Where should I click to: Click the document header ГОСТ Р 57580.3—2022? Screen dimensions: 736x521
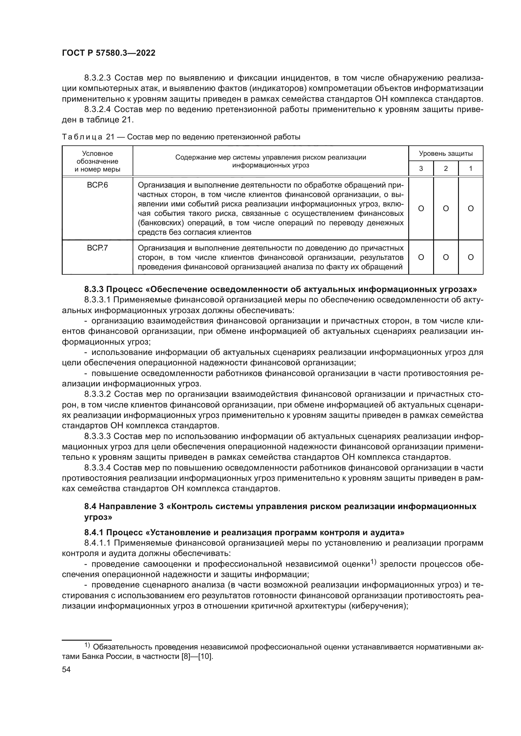click(x=108, y=53)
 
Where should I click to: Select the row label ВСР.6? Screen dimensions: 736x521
click(x=97, y=185)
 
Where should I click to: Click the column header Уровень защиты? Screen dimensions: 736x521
click(x=446, y=154)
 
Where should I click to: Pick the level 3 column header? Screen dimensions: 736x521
click(x=421, y=169)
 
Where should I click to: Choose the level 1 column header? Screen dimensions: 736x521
click(x=471, y=169)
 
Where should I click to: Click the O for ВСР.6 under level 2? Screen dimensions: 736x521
click(x=446, y=209)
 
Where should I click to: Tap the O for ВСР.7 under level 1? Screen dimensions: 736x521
click(x=471, y=257)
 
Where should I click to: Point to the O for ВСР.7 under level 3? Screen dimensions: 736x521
click(x=421, y=257)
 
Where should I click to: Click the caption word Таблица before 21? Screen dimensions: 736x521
click(x=82, y=137)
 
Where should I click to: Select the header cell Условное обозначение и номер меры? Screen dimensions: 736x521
click(x=97, y=161)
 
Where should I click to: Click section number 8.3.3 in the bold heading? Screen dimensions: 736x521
click(x=94, y=289)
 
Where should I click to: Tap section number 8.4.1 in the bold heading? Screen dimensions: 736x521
click(x=94, y=533)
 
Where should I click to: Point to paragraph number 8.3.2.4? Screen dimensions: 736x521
click(x=98, y=110)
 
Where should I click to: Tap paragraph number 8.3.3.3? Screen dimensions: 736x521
click(x=98, y=436)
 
